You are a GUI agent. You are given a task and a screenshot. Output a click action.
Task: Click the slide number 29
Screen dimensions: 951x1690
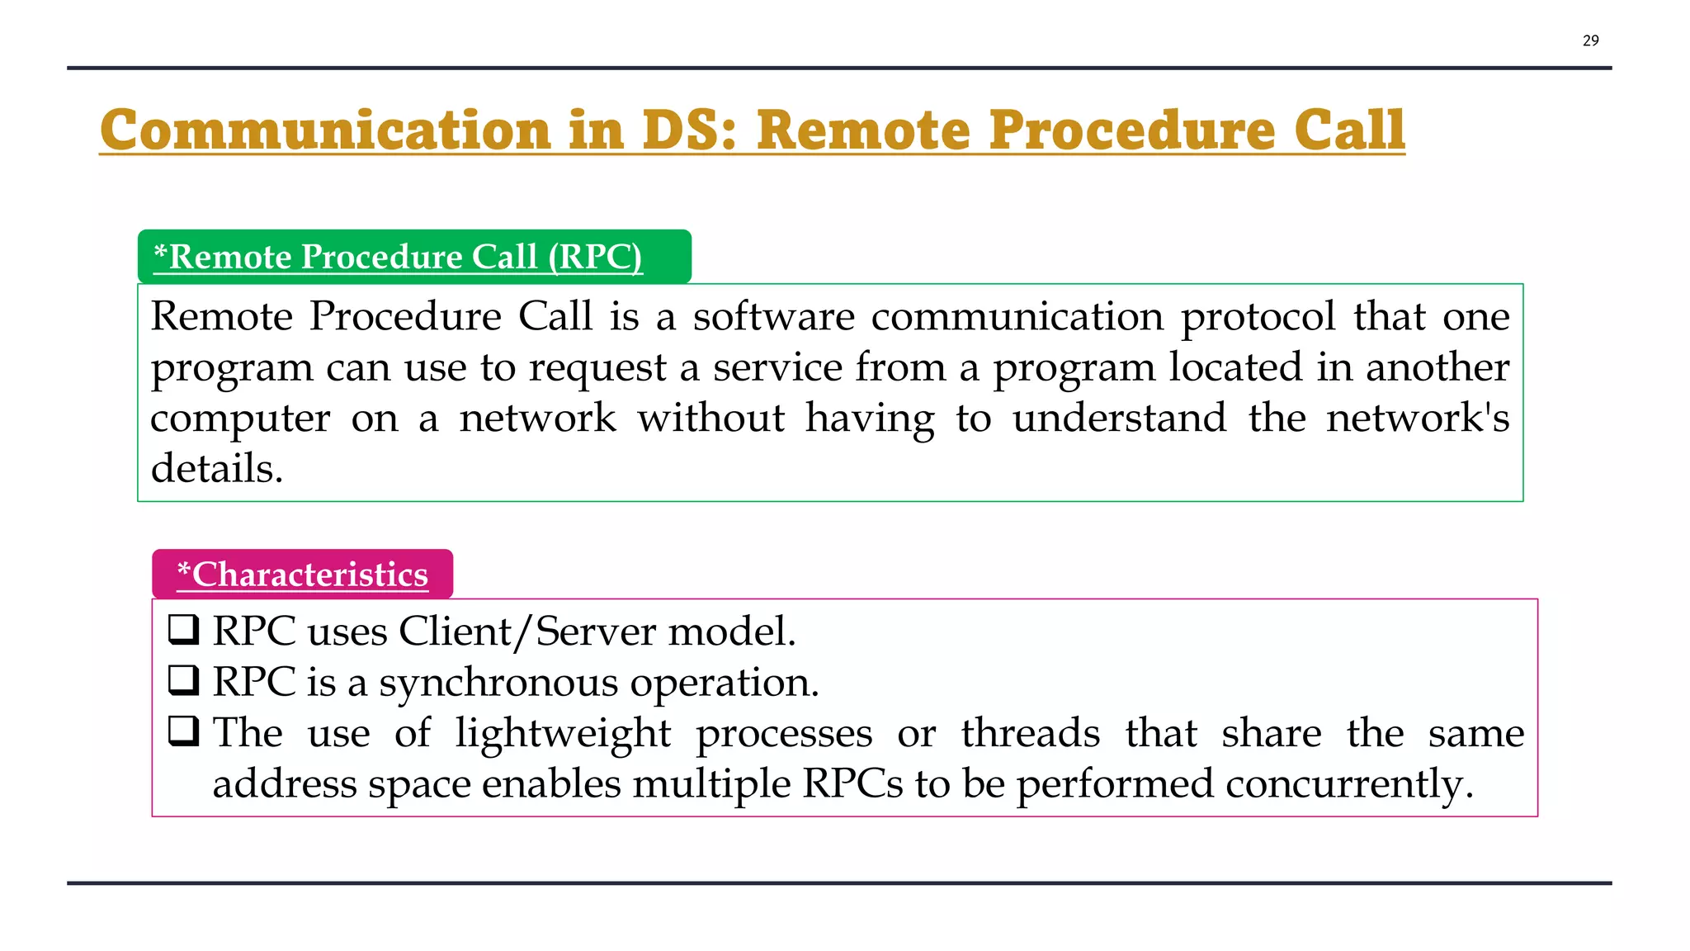point(1590,40)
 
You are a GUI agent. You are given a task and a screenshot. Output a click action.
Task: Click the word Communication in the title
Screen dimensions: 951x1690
point(325,130)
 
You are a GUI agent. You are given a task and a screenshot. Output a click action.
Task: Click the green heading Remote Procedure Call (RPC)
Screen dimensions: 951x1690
point(398,257)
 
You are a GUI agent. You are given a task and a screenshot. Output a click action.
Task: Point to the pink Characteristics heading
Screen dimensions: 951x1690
point(303,575)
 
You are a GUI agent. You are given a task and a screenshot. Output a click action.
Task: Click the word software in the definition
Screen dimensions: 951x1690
point(773,317)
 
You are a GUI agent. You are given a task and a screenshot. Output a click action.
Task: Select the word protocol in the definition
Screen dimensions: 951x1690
point(1258,317)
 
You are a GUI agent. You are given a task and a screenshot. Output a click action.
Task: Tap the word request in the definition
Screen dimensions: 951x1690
point(597,368)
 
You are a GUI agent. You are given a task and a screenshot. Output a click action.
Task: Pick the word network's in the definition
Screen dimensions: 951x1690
point(1417,419)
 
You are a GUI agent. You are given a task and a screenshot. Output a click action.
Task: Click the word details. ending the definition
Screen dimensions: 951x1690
point(217,470)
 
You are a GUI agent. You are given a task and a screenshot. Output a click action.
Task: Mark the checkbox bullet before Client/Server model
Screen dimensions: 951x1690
point(184,630)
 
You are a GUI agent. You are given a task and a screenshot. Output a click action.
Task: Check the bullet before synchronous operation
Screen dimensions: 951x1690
point(184,680)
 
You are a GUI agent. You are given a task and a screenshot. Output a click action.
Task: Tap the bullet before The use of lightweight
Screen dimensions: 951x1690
point(184,731)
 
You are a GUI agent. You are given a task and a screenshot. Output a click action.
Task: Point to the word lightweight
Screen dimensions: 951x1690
point(563,734)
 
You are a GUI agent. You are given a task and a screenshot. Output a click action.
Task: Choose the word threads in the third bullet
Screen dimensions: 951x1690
point(1030,734)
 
